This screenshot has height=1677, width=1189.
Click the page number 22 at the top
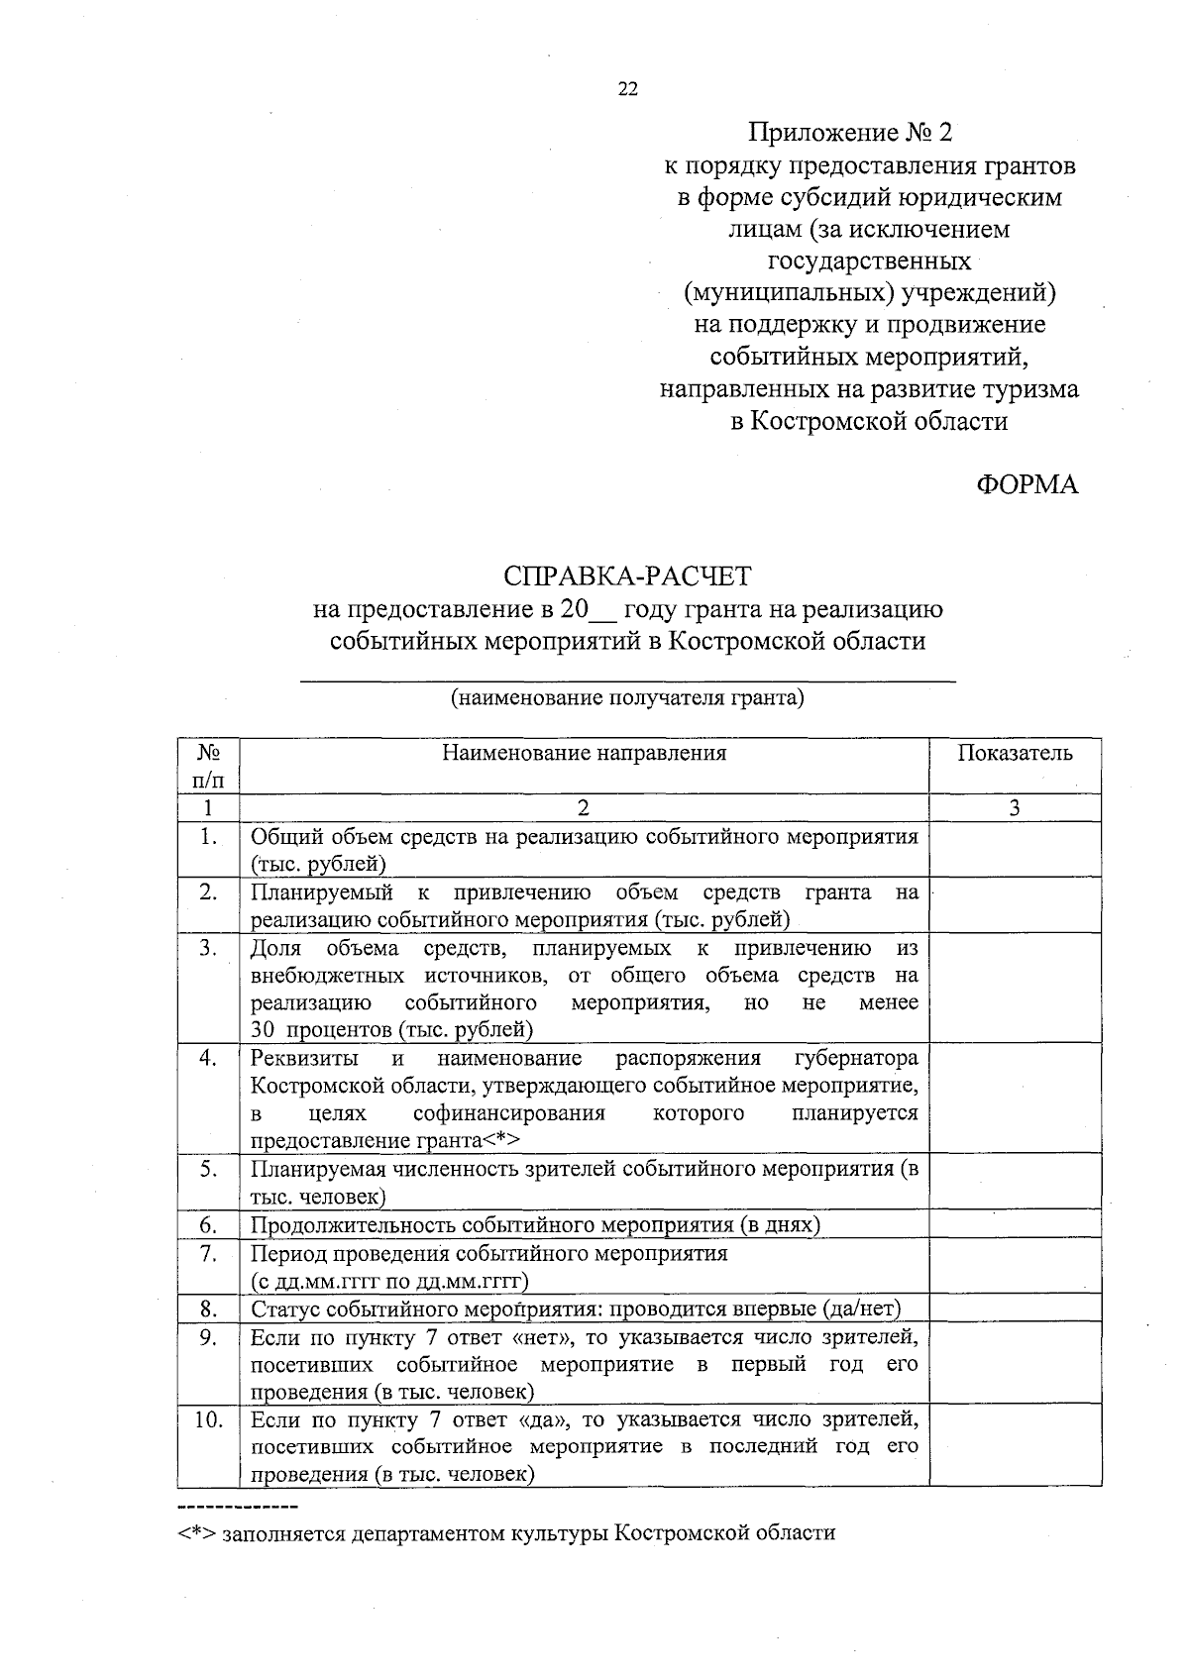point(628,89)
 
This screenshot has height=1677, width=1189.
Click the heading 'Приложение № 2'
point(849,132)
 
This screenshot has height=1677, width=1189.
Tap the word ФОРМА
point(1027,484)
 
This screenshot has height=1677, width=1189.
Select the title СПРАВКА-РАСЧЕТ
point(627,576)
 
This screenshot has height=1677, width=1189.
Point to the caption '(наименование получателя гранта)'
point(627,698)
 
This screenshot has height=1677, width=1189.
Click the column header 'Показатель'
point(1015,754)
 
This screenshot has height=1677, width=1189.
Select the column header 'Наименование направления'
point(584,754)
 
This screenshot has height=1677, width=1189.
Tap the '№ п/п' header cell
point(208,766)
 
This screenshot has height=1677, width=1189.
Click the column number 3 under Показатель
point(1015,808)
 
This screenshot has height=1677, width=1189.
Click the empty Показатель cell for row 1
point(1015,850)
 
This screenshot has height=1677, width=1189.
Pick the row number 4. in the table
point(208,1058)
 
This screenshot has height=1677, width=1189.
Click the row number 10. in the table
point(208,1420)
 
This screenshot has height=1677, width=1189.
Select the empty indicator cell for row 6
point(1015,1225)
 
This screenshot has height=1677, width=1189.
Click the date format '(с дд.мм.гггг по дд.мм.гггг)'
point(389,1282)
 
